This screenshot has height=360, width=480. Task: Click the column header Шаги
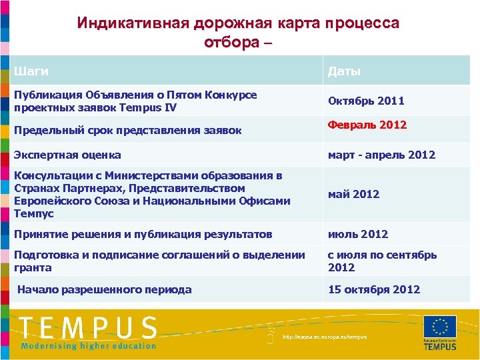tap(31, 71)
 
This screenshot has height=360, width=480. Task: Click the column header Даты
tap(343, 71)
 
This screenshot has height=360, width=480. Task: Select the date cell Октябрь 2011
tap(366, 101)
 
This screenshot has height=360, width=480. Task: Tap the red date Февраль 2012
tap(367, 125)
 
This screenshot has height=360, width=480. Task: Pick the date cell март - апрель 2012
tap(381, 155)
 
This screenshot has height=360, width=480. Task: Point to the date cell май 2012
tap(353, 194)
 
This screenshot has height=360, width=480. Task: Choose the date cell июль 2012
tap(358, 234)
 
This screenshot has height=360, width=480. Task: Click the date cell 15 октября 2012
tap(374, 289)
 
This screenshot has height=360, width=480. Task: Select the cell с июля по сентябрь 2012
tap(382, 261)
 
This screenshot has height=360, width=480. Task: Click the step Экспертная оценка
tap(67, 155)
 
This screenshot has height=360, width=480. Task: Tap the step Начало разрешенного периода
tap(105, 289)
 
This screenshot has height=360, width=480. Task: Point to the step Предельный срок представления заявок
tap(128, 130)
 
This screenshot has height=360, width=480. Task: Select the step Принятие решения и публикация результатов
tap(143, 234)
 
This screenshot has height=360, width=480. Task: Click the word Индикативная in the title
tap(133, 23)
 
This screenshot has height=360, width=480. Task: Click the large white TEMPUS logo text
tap(88, 328)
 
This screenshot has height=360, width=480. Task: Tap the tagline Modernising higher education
tap(88, 345)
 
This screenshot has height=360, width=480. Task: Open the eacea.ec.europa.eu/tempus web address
tap(325, 337)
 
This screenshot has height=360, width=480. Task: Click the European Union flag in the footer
tap(440, 327)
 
